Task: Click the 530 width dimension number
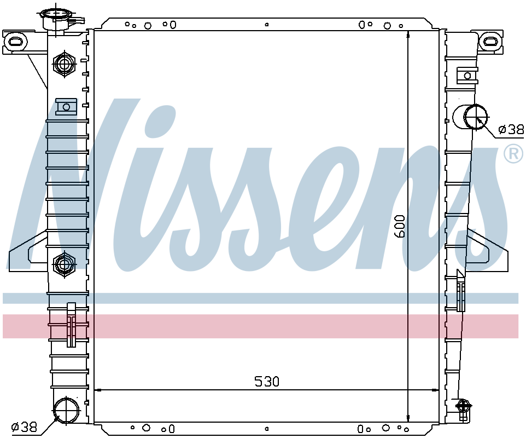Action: click(x=267, y=382)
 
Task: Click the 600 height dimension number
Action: click(x=400, y=226)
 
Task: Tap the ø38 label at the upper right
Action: click(x=511, y=129)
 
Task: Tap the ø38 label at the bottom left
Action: click(x=24, y=427)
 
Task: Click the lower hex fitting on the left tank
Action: click(x=64, y=264)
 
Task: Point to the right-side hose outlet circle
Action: click(x=475, y=117)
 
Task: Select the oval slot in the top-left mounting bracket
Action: click(x=16, y=41)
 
